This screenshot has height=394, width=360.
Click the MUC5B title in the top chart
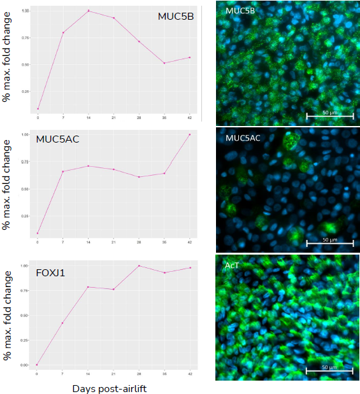[x=175, y=16]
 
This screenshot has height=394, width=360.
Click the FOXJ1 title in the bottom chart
[x=50, y=273]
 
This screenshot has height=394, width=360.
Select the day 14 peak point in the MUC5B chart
[x=89, y=11]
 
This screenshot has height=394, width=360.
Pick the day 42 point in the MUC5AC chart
[x=190, y=134]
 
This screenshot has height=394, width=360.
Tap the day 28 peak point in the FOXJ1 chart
[x=140, y=265]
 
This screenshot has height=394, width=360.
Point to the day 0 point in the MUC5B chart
[x=38, y=109]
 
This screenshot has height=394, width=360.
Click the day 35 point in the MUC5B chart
[x=164, y=63]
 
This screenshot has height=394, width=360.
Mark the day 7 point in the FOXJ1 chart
[x=63, y=323]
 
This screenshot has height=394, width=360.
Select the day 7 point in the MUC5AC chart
[x=63, y=171]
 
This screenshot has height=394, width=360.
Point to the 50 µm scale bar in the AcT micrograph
[x=329, y=369]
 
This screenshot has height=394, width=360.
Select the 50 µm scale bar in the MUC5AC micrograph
[x=329, y=243]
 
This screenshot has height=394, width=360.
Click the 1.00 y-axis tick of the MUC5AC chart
[x=25, y=135]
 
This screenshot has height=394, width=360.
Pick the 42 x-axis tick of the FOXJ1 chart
[x=190, y=374]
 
